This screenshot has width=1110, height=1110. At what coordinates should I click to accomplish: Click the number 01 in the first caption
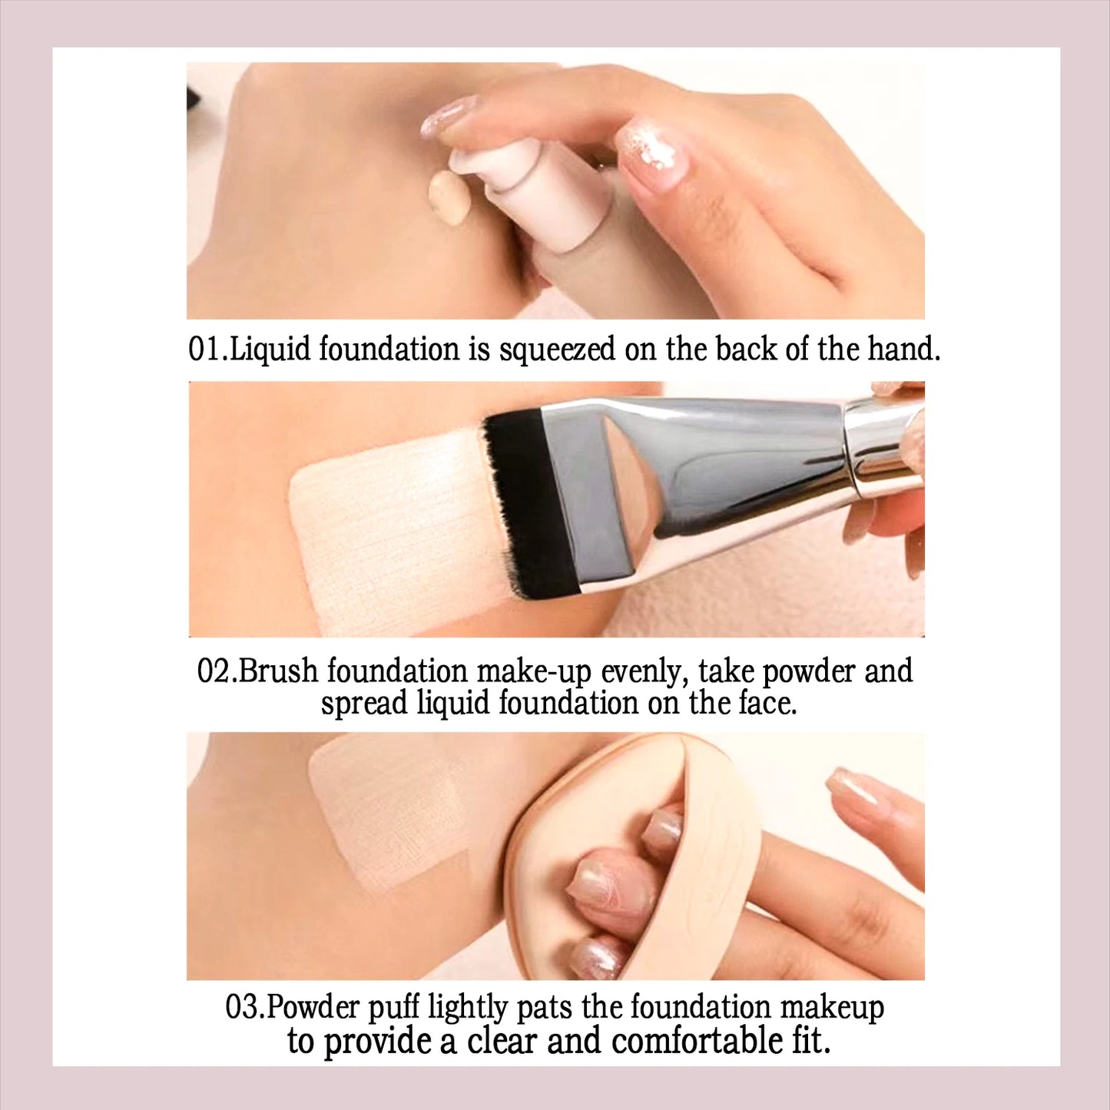pyautogui.click(x=205, y=350)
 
